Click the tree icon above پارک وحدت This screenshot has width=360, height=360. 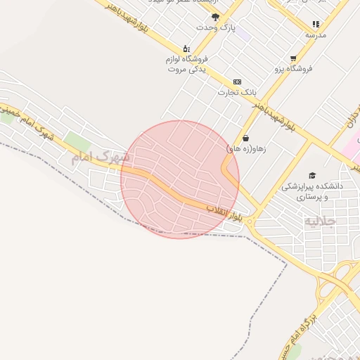pyautogui.click(x=215, y=16)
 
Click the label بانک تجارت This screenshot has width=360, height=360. pyautogui.click(x=238, y=92)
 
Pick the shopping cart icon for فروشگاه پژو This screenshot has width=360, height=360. pyautogui.click(x=293, y=58)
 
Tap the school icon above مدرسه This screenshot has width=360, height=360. pyautogui.click(x=316, y=24)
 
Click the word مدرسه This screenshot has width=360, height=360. pyautogui.click(x=316, y=34)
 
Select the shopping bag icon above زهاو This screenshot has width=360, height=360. pyautogui.click(x=245, y=138)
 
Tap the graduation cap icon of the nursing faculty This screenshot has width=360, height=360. pyautogui.click(x=312, y=175)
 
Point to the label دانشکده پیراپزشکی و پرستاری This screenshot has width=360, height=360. pyautogui.click(x=312, y=192)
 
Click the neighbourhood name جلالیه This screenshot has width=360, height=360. pyautogui.click(x=320, y=221)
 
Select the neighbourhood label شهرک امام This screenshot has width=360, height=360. pyautogui.click(x=100, y=157)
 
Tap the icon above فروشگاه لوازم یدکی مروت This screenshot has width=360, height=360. pyautogui.click(x=186, y=49)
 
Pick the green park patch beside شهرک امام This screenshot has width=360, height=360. pyautogui.click(x=77, y=141)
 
